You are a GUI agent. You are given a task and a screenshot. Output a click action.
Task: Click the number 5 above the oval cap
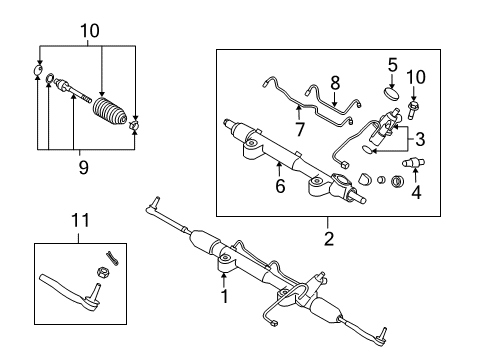392,67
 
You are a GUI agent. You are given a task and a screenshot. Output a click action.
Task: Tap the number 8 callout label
334,83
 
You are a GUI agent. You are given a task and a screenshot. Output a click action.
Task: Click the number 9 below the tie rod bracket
84,168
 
